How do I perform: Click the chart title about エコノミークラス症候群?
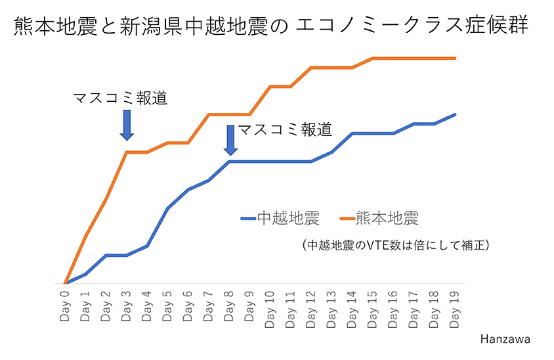click(x=270, y=27)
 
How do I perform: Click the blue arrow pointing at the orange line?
click(x=127, y=125)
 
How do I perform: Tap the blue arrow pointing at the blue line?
click(x=230, y=140)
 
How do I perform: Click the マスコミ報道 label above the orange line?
click(x=120, y=99)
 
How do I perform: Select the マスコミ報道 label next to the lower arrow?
click(x=284, y=129)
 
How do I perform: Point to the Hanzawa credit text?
click(x=505, y=339)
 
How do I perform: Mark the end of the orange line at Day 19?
click(x=454, y=58)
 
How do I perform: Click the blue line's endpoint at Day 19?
click(x=454, y=114)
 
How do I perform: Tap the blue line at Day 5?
click(x=167, y=208)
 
